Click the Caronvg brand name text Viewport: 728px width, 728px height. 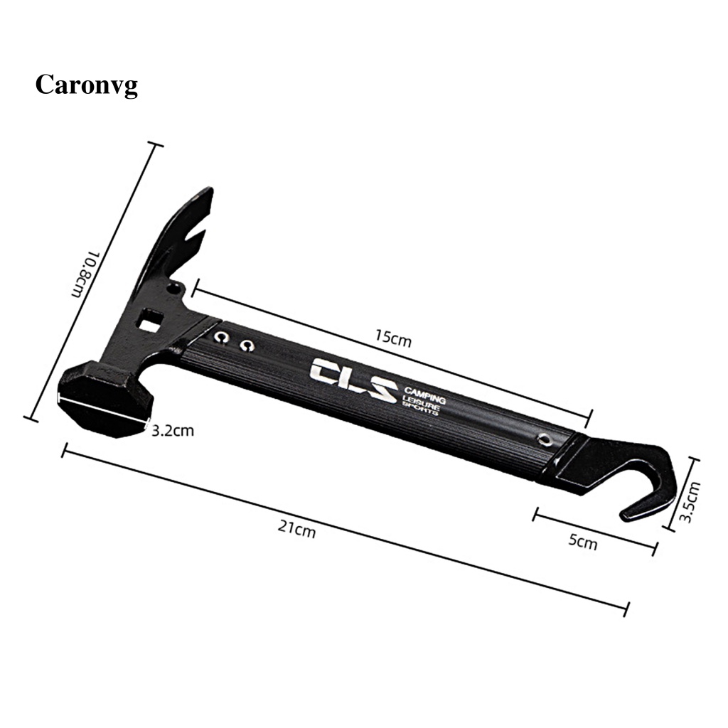(x=86, y=86)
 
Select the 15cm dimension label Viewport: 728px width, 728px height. (x=393, y=338)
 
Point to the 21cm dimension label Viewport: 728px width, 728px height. (x=296, y=528)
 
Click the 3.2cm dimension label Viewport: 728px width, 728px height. (x=173, y=431)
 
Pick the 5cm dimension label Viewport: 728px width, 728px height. (x=583, y=541)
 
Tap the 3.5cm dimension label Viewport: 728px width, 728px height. (x=690, y=502)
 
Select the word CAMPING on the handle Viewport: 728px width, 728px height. (x=424, y=394)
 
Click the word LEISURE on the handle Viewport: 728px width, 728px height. (x=421, y=402)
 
